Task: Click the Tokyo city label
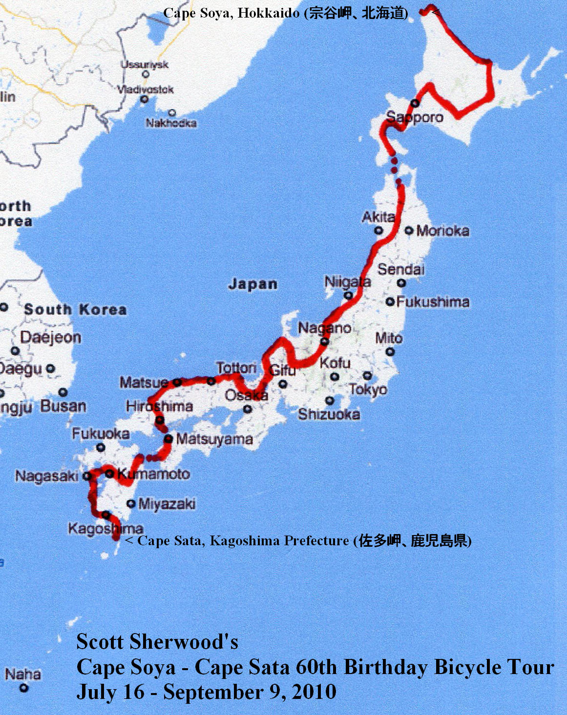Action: (368, 390)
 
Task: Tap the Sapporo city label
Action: (415, 117)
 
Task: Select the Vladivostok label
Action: (146, 90)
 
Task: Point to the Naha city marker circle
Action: (23, 688)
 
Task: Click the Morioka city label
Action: (442, 231)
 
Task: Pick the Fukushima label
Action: (433, 302)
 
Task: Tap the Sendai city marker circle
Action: (401, 283)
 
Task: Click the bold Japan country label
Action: (252, 284)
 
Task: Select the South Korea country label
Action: (75, 310)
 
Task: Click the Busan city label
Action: (63, 406)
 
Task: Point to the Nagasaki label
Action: (46, 476)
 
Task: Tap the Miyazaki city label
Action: (167, 504)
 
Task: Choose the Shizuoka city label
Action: (329, 415)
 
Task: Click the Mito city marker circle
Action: (390, 351)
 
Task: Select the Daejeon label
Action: (51, 337)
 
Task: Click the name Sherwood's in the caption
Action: (184, 641)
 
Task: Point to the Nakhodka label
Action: (171, 123)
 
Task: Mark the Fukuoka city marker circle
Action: (101, 447)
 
